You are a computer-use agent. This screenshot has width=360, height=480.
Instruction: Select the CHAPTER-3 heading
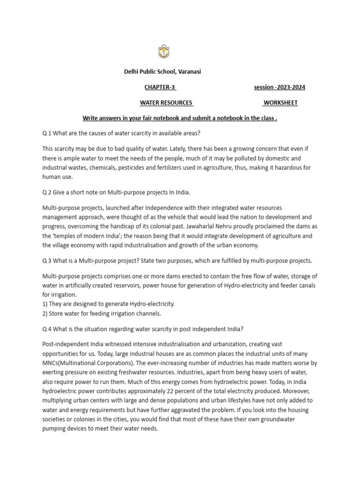pyautogui.click(x=160, y=87)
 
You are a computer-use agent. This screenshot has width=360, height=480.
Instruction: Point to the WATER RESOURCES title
pyautogui.click(x=167, y=103)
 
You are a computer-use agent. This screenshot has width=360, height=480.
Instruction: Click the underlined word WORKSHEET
pyautogui.click(x=280, y=103)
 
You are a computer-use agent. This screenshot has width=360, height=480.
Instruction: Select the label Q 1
pyautogui.click(x=47, y=133)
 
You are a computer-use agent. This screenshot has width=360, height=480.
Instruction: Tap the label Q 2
pyautogui.click(x=47, y=193)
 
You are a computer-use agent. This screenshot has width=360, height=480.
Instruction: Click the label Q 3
pyautogui.click(x=47, y=261)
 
